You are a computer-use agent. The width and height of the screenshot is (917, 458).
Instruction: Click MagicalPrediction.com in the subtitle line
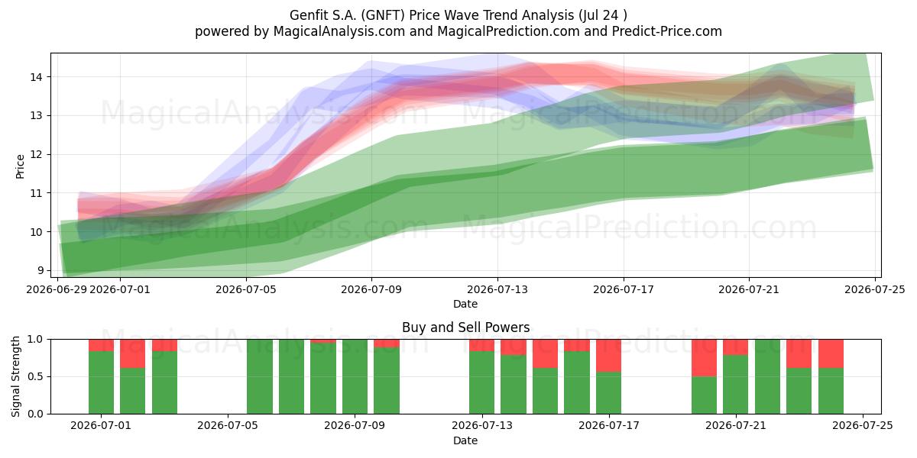click(508, 31)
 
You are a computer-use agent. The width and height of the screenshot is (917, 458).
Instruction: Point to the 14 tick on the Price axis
click(36, 77)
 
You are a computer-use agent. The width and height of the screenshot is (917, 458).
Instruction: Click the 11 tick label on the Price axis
click(36, 193)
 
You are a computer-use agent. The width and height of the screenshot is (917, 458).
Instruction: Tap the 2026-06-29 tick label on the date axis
click(57, 289)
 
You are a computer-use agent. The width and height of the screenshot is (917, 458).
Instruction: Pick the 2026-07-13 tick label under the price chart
click(497, 289)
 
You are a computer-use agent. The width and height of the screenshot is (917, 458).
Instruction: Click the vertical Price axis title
click(20, 166)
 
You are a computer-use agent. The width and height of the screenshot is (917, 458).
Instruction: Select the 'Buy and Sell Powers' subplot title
click(466, 327)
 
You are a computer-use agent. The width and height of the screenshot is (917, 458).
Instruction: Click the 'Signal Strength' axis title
click(15, 376)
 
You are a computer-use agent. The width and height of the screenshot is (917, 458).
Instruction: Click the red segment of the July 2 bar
click(133, 353)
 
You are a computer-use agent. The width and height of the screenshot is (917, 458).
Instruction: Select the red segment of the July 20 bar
click(704, 358)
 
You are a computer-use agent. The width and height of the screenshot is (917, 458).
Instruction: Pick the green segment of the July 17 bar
click(609, 393)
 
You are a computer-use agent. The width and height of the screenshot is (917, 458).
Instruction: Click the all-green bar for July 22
click(767, 376)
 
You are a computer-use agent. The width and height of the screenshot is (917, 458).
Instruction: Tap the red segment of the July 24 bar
click(831, 353)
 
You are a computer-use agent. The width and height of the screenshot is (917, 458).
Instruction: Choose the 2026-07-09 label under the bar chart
click(355, 426)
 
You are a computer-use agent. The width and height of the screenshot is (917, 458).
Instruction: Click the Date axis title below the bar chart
click(465, 440)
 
